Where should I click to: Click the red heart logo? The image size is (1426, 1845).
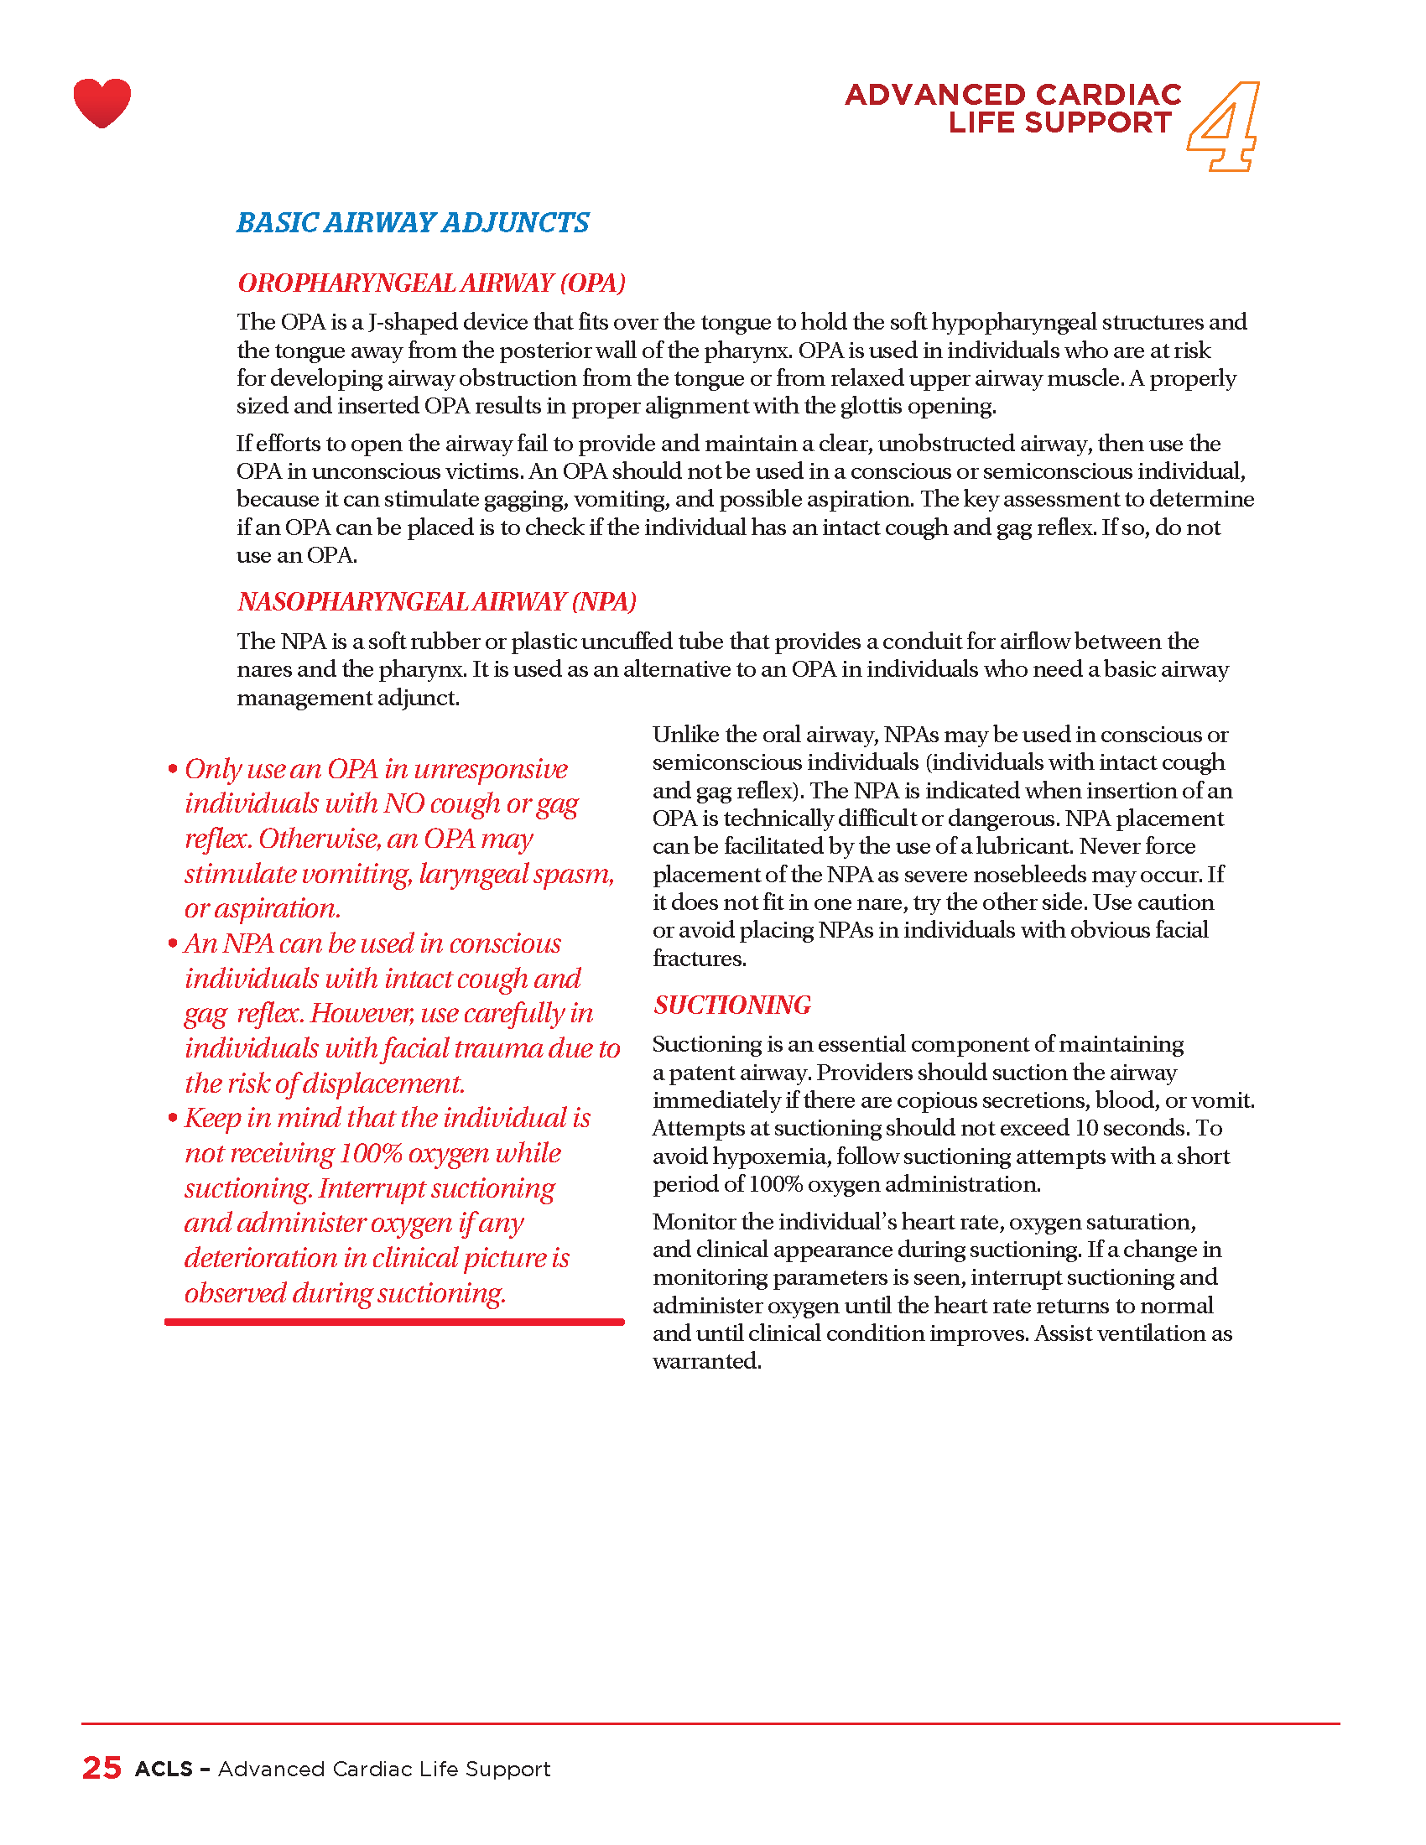[102, 103]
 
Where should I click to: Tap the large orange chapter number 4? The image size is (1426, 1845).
[1224, 127]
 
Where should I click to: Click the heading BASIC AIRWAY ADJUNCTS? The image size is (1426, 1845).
[412, 223]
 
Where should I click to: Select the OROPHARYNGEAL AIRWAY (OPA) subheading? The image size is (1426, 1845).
[432, 283]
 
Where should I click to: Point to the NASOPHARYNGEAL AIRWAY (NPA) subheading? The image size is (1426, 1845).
[437, 601]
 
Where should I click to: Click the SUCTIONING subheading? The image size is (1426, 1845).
[731, 1005]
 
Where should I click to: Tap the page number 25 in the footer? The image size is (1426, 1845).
[101, 1768]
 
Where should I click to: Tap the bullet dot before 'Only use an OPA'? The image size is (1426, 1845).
[172, 769]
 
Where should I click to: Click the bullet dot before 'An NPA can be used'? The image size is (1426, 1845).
[172, 943]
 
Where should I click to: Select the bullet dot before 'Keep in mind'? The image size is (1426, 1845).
[172, 1119]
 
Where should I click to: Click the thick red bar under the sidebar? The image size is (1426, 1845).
[394, 1321]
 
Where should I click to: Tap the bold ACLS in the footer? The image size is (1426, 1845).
[164, 1769]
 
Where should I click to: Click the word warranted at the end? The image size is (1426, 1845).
[706, 1361]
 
